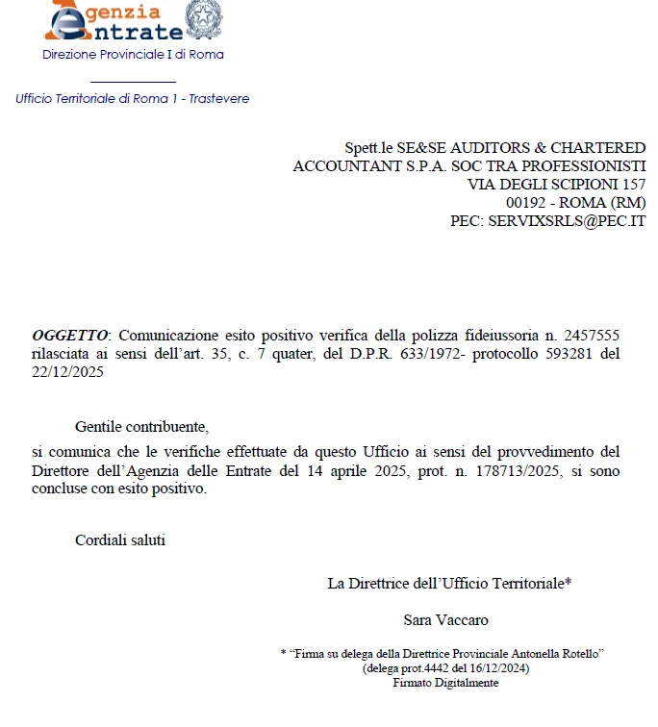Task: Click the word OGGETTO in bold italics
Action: pyautogui.click(x=69, y=335)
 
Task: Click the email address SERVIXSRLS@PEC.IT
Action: pyautogui.click(x=567, y=220)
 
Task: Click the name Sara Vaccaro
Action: pyautogui.click(x=446, y=620)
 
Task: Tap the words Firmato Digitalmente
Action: pyautogui.click(x=445, y=683)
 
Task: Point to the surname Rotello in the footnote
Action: pyautogui.click(x=577, y=654)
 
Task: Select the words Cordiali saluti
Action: pyautogui.click(x=120, y=540)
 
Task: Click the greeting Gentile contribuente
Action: pyautogui.click(x=141, y=426)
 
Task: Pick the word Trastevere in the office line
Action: pyautogui.click(x=219, y=99)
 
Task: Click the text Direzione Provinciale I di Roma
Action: pyautogui.click(x=133, y=55)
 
